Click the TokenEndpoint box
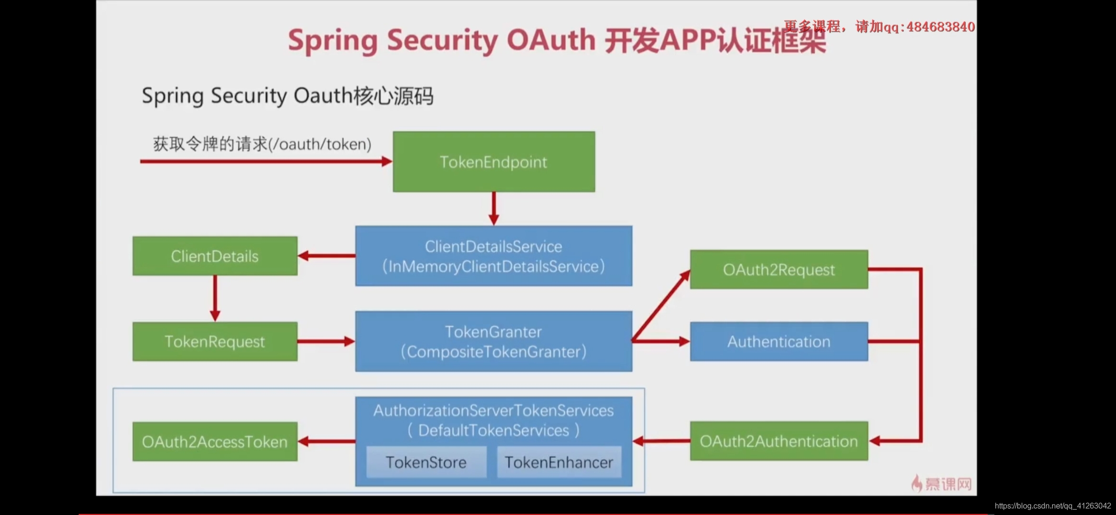click(494, 162)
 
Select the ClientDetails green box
click(215, 256)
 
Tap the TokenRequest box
click(215, 341)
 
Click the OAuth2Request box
click(779, 269)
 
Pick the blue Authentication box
click(779, 341)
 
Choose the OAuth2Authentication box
click(779, 441)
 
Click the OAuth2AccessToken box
click(215, 442)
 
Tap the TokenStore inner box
click(426, 462)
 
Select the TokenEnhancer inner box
click(559, 462)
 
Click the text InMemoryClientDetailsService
click(494, 267)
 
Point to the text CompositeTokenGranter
click(494, 352)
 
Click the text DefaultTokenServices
click(494, 431)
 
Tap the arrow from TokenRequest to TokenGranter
click(326, 341)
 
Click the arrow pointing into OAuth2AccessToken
click(327, 442)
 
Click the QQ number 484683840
click(940, 27)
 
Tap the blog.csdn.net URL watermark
click(1053, 505)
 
